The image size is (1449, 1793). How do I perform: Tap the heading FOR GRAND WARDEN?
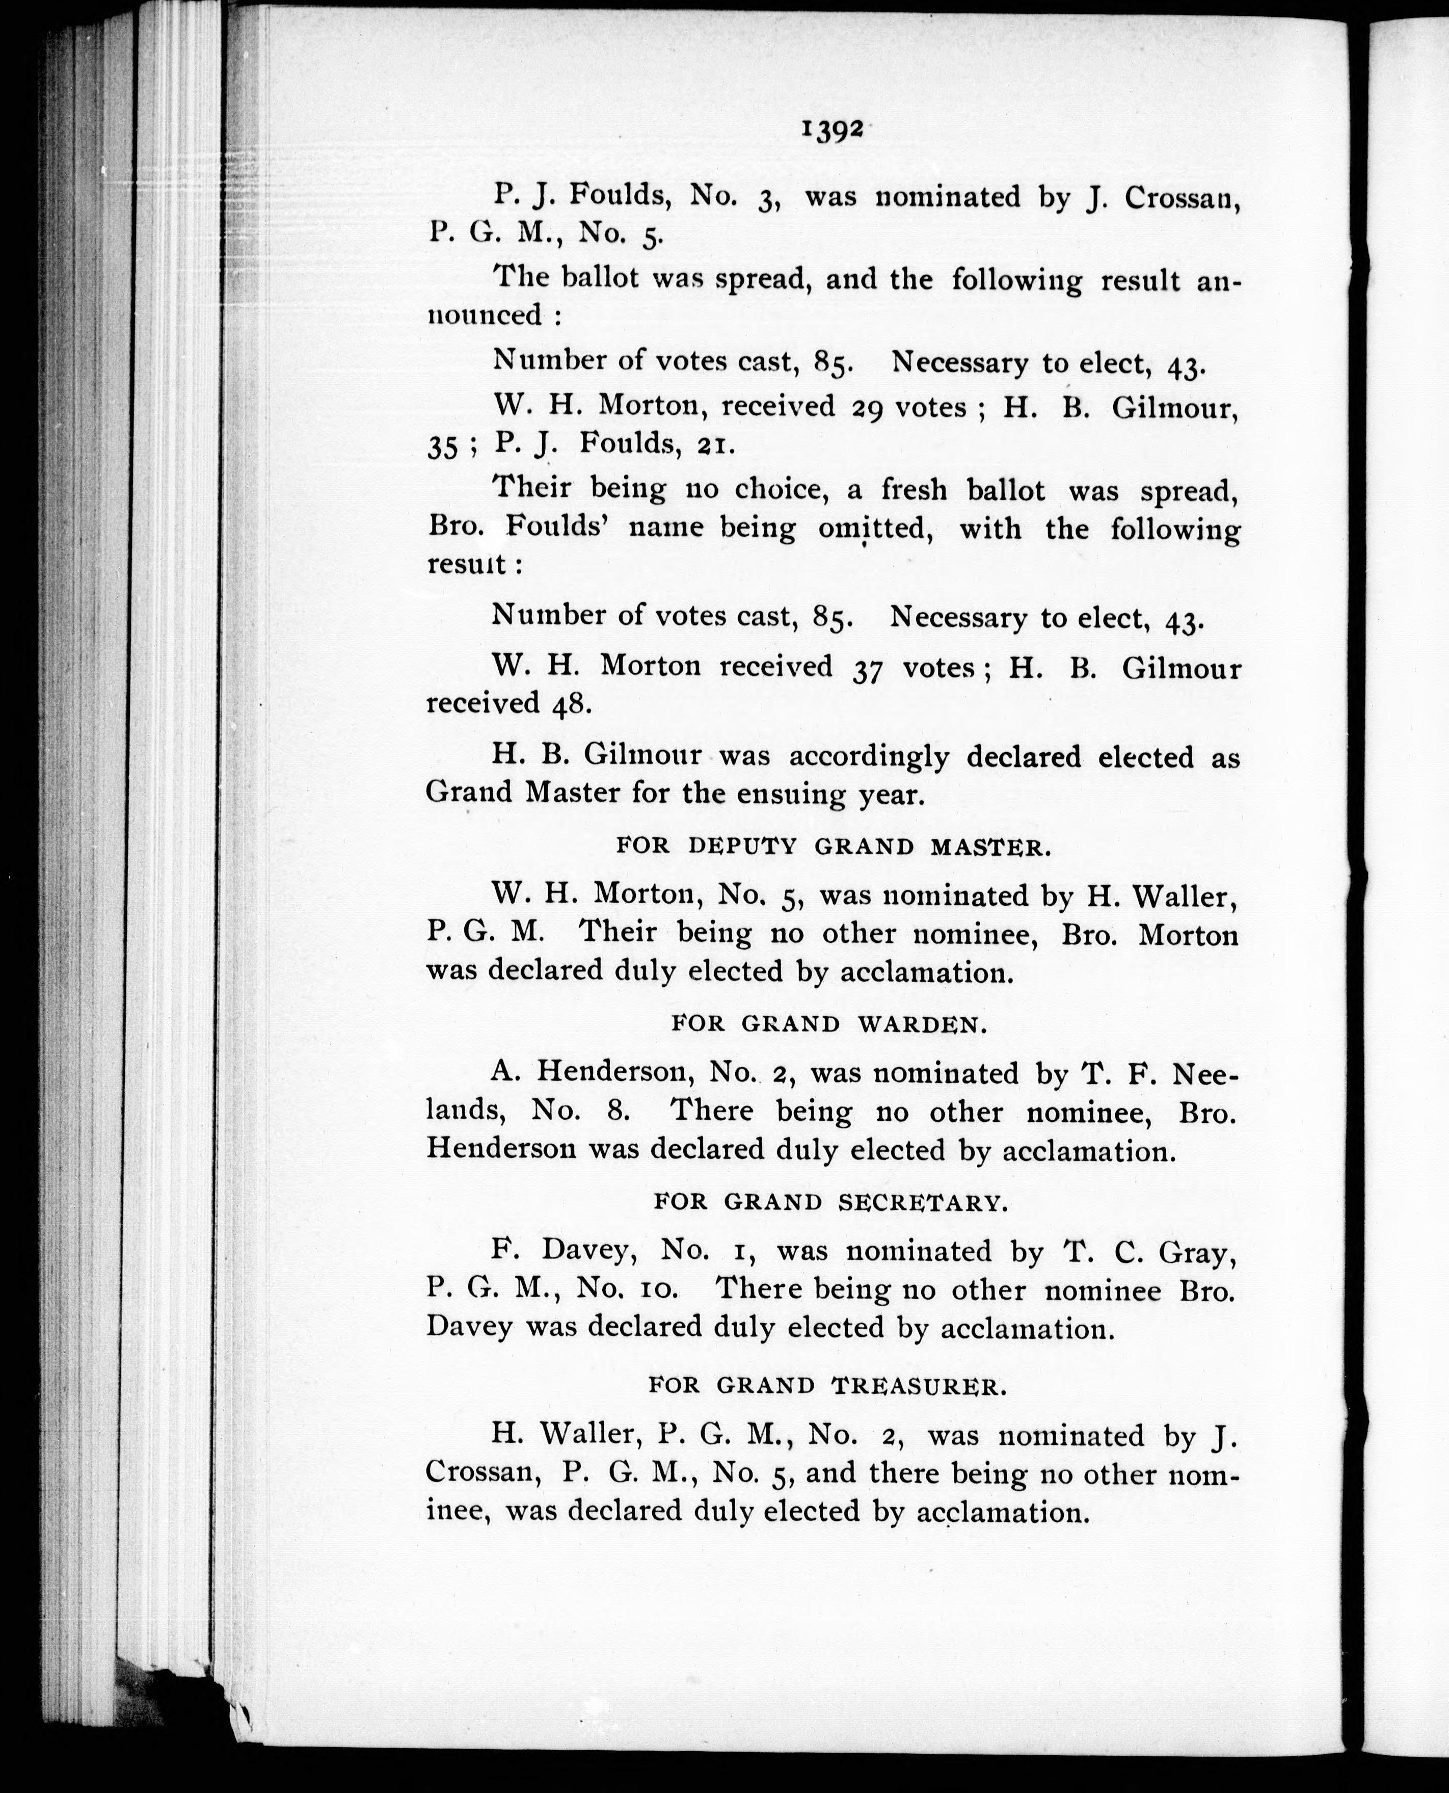click(829, 1024)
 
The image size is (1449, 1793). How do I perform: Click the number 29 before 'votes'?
click(868, 408)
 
